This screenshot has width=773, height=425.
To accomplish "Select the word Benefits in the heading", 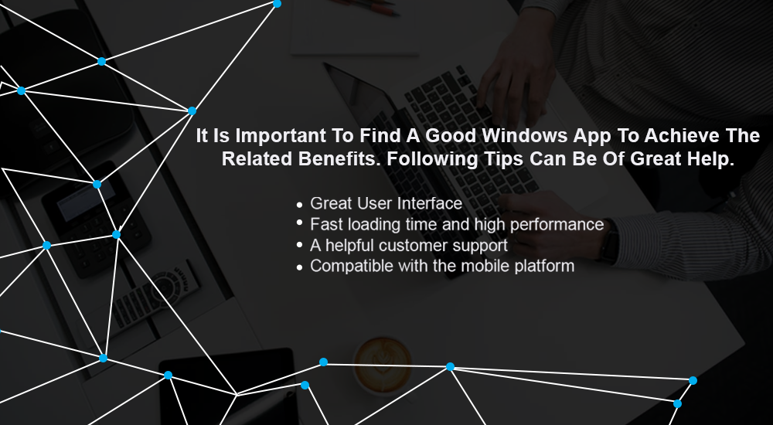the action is pyautogui.click(x=339, y=158).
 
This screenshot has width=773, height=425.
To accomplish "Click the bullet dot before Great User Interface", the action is pyautogui.click(x=299, y=204).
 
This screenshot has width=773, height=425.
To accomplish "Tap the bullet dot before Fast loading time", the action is pyautogui.click(x=299, y=223).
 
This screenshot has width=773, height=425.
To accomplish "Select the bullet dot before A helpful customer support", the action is pyautogui.click(x=299, y=244).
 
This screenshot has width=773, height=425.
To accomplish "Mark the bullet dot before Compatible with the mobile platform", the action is pyautogui.click(x=299, y=267).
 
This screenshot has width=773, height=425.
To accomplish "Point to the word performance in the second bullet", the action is pyautogui.click(x=557, y=225).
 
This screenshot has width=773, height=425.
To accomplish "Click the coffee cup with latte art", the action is pyautogui.click(x=383, y=365).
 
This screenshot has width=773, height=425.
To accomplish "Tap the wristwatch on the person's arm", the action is pyautogui.click(x=609, y=241).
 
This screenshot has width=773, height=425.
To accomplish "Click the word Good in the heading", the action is pyautogui.click(x=451, y=135).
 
